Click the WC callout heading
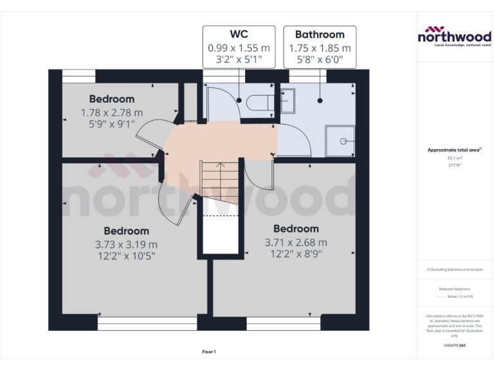coord(239,34)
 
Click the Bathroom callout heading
coord(320,34)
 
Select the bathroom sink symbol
coord(287,99)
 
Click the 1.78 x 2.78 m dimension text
coord(112,112)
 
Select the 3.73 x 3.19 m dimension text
coord(126,244)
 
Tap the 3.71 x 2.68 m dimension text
coord(296,242)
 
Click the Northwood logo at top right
coord(454,36)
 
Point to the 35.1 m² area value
coord(455,158)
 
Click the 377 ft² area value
coord(455,164)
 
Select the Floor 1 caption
coord(209,351)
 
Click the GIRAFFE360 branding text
coord(454,345)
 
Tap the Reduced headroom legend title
coord(455,289)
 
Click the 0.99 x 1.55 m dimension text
coord(239,48)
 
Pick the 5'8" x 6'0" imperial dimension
coord(320,61)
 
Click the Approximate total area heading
coord(454,150)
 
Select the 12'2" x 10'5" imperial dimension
coord(126,256)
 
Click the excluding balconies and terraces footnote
coord(455,269)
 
